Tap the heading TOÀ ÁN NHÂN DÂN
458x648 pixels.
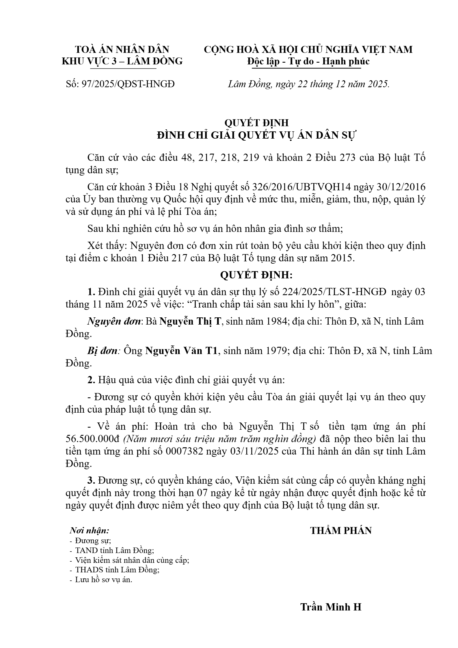tap(122, 49)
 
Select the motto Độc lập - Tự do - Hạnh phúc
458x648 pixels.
tap(308, 61)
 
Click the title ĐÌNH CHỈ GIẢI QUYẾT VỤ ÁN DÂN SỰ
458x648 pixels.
tap(256, 135)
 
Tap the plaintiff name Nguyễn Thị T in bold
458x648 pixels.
tap(190, 321)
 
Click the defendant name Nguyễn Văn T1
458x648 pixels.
tap(181, 351)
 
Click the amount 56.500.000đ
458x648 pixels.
tap(92, 439)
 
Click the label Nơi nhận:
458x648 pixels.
tap(89, 530)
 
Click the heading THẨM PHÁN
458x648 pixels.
tap(341, 530)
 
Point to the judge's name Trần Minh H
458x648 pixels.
tap(331, 607)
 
